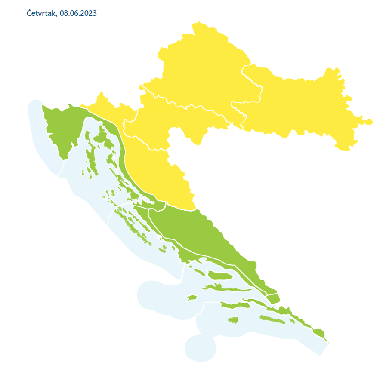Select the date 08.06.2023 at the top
click(78, 13)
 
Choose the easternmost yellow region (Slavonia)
click(301, 107)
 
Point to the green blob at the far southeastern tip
click(318, 333)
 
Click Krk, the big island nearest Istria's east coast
click(102, 138)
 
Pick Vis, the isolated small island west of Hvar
click(191, 298)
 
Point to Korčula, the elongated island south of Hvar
click(235, 306)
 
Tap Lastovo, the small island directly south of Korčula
click(233, 320)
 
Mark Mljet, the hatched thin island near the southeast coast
click(272, 320)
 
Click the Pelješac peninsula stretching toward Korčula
click(258, 301)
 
